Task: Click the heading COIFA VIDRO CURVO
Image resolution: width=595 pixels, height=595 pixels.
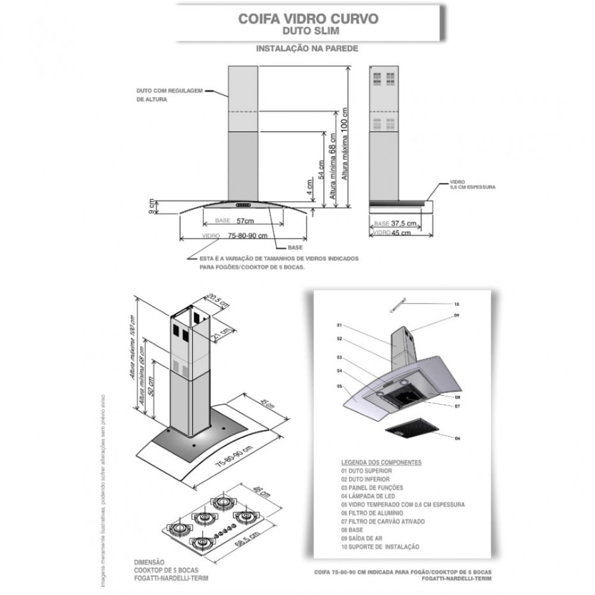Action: [308, 18]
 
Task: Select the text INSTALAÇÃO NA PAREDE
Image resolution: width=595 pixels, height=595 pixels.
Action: [307, 49]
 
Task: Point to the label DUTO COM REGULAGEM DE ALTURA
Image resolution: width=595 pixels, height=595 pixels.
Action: [169, 95]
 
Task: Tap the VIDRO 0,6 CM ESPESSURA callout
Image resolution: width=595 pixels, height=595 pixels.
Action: [472, 184]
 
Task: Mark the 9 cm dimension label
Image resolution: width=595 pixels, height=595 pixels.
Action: [153, 205]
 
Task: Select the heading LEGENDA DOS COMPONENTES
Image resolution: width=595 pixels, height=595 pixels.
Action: [381, 462]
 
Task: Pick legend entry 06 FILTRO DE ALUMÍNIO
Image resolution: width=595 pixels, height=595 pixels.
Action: [372, 513]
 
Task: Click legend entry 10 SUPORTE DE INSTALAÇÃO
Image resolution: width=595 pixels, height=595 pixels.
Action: [380, 546]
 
